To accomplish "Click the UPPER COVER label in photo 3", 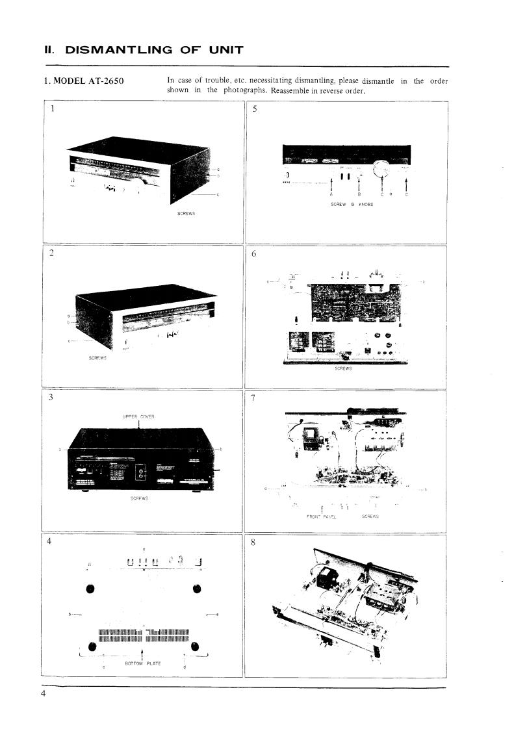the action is click(x=137, y=416).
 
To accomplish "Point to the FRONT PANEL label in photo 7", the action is click(x=320, y=517).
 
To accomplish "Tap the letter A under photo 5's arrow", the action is click(x=331, y=194).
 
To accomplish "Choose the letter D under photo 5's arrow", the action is click(x=407, y=194).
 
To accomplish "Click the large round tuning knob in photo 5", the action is click(x=380, y=172).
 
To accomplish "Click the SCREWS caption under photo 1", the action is click(x=186, y=213).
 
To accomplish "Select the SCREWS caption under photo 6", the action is click(x=342, y=368).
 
